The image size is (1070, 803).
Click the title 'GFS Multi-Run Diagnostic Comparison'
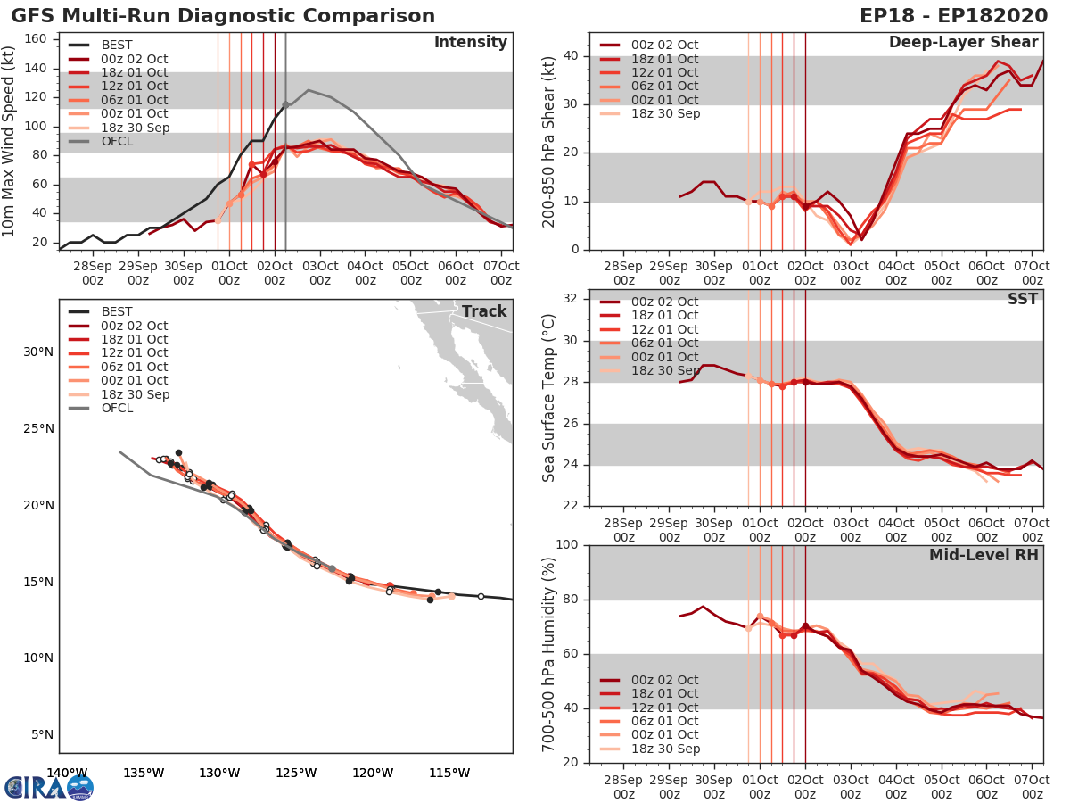[223, 16]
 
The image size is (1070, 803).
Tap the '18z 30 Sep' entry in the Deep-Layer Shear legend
[664, 113]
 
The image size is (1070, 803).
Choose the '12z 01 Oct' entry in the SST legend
[664, 329]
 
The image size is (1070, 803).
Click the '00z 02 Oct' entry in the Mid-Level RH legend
[664, 680]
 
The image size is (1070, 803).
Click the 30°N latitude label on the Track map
[38, 352]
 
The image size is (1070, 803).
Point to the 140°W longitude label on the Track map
[67, 774]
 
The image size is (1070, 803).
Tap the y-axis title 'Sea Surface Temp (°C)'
[549, 397]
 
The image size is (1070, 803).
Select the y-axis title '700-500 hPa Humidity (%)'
[549, 653]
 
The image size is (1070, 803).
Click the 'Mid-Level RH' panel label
[983, 555]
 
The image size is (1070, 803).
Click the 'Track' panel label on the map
[483, 311]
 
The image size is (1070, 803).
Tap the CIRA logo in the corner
[48, 787]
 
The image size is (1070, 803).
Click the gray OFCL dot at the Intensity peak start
[285, 104]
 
